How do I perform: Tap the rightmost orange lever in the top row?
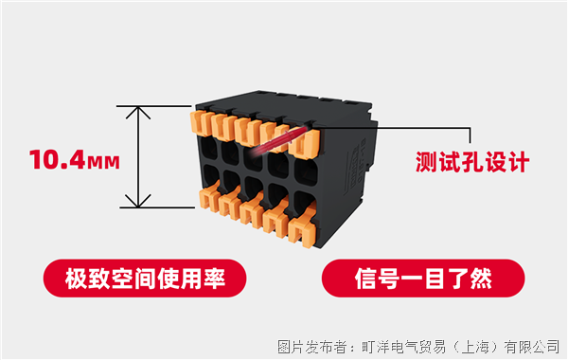tap(305, 143)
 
